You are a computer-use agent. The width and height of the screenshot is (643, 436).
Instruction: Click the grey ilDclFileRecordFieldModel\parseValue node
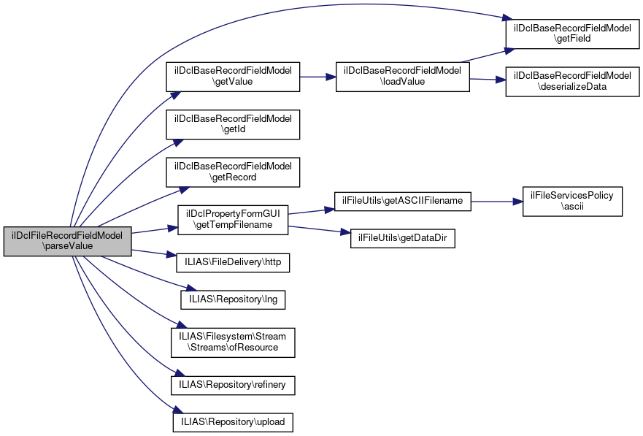coord(67,242)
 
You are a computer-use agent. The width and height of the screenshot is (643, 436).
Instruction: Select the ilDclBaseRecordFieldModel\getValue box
coord(234,77)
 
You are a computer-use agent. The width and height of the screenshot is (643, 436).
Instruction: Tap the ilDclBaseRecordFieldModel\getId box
coord(234,123)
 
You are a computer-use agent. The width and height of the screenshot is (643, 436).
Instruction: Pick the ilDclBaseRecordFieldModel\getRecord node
coord(234,171)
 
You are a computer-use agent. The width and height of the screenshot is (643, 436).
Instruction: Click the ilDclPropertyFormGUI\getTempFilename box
coord(233,219)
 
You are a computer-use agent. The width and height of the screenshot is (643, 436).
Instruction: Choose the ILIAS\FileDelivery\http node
coord(228,261)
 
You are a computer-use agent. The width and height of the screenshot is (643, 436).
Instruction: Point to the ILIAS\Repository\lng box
coord(233,299)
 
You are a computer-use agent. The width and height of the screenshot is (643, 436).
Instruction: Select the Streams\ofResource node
coord(233,342)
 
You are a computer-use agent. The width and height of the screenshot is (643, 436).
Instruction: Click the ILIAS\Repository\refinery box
coord(233,383)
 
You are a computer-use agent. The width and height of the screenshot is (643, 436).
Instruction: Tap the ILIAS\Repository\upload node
coord(233,421)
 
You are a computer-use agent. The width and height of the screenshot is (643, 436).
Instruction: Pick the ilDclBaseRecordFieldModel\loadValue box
coord(402,77)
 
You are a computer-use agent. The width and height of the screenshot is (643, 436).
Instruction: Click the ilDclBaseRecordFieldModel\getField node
coord(571,34)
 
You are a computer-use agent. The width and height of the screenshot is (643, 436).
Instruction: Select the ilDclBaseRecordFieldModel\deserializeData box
coord(571,81)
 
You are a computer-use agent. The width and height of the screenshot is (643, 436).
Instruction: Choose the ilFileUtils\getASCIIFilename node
coord(403,200)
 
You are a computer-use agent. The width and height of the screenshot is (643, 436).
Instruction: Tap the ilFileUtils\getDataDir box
coord(403,239)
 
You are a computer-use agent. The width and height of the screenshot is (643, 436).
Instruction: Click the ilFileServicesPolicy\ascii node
coord(572,201)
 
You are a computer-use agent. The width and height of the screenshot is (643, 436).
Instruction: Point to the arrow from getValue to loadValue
coord(317,77)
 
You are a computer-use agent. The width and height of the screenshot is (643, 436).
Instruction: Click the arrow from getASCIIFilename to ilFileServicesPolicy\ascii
coord(496,200)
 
